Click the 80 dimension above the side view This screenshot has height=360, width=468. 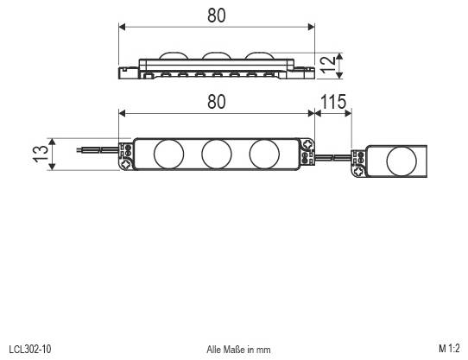[216, 16]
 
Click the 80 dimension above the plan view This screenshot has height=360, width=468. [216, 101]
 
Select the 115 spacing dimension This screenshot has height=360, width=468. [333, 102]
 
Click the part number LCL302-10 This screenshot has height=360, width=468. [29, 349]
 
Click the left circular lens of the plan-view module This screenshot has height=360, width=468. [168, 154]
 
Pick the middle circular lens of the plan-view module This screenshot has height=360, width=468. [216, 154]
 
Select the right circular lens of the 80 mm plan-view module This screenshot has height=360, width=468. [264, 154]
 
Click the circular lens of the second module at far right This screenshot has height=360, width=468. [399, 161]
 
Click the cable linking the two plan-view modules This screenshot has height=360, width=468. [337, 156]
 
